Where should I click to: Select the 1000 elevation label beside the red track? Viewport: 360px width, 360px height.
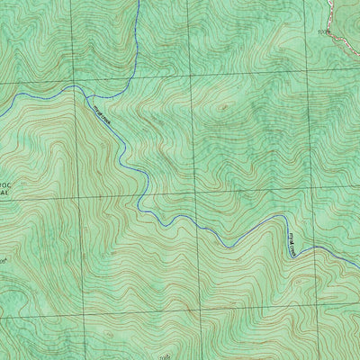point(324,31)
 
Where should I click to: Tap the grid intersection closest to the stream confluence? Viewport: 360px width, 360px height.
point(76,83)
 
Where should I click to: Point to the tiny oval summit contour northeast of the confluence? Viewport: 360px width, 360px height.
point(222,105)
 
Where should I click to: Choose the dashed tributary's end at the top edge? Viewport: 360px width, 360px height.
point(139,2)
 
